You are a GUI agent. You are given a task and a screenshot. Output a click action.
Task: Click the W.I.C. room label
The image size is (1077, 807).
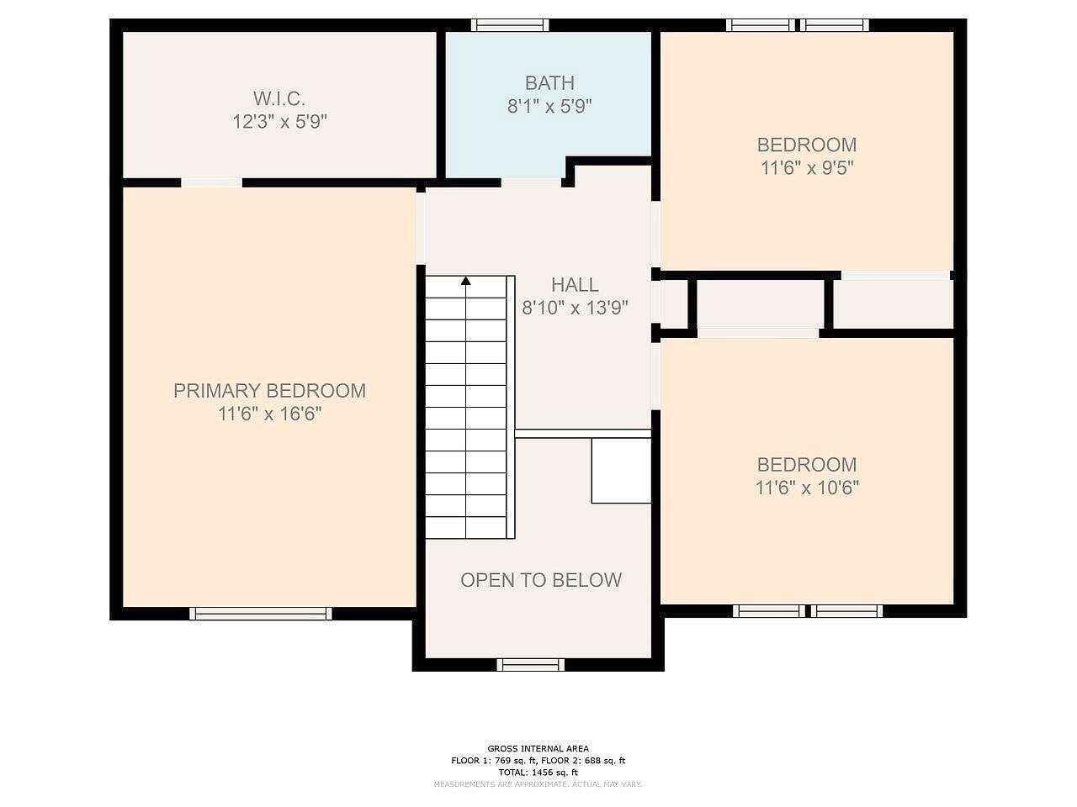tap(279, 99)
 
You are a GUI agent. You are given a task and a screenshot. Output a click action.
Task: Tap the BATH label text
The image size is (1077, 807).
tap(549, 83)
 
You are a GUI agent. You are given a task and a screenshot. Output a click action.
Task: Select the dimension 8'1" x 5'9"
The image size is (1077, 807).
tap(549, 107)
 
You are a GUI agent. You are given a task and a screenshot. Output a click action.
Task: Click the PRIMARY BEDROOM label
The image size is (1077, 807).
tap(269, 391)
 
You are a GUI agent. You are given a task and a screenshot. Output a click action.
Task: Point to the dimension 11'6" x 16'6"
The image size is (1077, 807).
tap(269, 414)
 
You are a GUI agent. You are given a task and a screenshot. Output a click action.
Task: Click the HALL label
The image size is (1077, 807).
tap(575, 285)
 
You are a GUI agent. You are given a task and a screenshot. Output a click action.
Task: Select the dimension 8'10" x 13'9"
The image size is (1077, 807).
tap(575, 309)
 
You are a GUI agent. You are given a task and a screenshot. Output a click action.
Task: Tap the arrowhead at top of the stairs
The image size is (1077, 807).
tap(465, 281)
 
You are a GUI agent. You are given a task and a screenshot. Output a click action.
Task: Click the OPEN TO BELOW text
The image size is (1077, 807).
tap(541, 580)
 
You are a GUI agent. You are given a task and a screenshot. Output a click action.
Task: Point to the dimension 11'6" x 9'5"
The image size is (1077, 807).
tap(807, 168)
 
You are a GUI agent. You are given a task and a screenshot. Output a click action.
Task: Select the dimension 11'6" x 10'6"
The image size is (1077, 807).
tap(807, 488)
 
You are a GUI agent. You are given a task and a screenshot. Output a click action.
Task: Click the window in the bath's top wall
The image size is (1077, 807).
tap(510, 25)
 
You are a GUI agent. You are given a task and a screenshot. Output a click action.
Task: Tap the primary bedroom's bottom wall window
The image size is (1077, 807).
tap(261, 614)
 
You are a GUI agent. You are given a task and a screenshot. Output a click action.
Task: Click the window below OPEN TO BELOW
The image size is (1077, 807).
tap(530, 665)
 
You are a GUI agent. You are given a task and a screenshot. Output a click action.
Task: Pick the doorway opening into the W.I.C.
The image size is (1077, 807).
tap(212, 182)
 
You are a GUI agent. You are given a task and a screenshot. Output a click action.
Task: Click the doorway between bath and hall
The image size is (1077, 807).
tap(532, 182)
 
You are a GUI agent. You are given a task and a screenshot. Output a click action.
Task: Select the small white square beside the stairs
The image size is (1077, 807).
tap(621, 471)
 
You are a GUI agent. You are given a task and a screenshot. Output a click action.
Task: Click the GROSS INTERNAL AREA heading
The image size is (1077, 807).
tap(538, 748)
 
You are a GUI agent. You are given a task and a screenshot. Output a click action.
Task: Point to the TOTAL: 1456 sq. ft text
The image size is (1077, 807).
tap(538, 772)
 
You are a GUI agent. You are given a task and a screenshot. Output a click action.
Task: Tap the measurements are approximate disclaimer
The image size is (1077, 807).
tap(538, 784)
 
